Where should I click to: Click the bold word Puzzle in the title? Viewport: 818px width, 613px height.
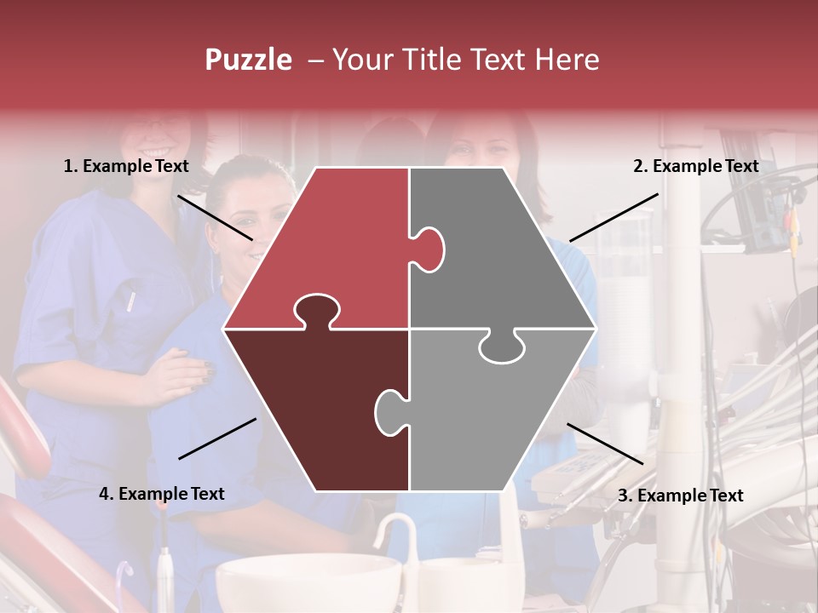[248, 60]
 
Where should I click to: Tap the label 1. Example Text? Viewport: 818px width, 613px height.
[126, 166]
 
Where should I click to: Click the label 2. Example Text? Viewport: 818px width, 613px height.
[695, 166]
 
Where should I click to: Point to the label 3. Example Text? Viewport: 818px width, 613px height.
[680, 496]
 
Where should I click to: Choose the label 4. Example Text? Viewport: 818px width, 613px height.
[162, 494]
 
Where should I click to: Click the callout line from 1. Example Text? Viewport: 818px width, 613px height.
[215, 216]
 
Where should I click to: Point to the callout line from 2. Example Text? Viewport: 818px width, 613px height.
[613, 217]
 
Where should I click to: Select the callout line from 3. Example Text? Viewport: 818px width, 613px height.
[605, 444]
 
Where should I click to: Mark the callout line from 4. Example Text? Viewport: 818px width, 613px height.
[217, 438]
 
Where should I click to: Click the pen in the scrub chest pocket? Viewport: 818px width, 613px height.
[131, 301]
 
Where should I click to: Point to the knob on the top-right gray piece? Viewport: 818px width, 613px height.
[430, 249]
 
